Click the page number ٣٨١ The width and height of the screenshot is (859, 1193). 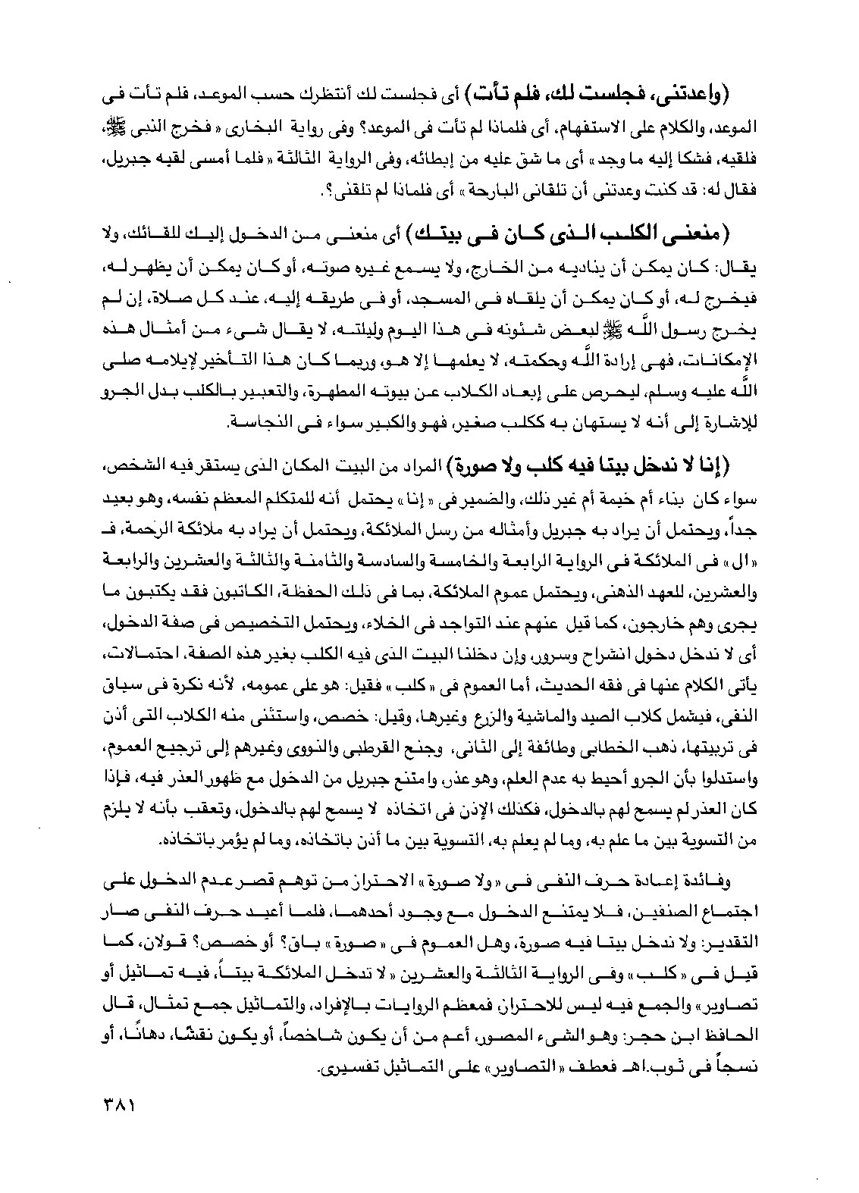(x=114, y=1103)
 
